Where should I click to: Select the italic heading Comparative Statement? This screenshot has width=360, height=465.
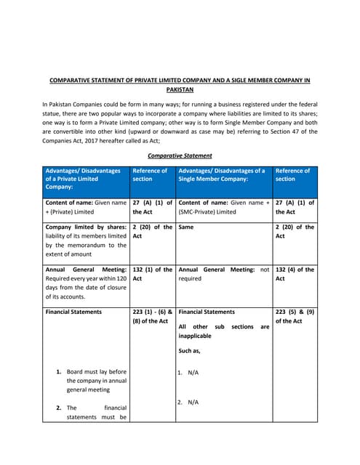(x=180, y=155)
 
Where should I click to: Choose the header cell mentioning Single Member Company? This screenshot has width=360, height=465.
(x=221, y=174)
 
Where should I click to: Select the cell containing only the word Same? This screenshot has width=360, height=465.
(x=187, y=227)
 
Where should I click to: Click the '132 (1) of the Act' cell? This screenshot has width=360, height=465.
(x=152, y=273)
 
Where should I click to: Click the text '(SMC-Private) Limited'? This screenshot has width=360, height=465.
(x=207, y=211)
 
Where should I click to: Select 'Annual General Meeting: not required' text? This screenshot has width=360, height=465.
(x=223, y=273)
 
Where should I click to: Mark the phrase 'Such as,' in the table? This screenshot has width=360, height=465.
(x=191, y=350)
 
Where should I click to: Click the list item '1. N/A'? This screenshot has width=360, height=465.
(x=188, y=373)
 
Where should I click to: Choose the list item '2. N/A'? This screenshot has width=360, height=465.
(x=188, y=402)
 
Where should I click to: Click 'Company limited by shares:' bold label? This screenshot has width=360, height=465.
(x=85, y=227)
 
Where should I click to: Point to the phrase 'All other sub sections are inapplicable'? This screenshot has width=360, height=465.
(x=223, y=331)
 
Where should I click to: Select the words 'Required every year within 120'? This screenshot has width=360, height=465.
(x=85, y=278)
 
